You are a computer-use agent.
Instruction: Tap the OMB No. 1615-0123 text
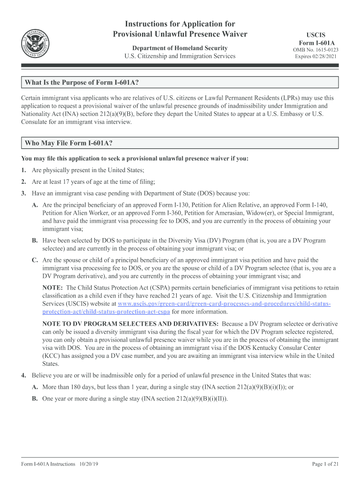coord(316,50)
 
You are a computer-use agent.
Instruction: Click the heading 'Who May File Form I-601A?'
coord(68,143)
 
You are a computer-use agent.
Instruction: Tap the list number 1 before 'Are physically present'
coord(23,170)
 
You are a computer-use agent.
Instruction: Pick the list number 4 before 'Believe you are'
coord(23,375)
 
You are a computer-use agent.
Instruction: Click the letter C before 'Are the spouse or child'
coord(35,260)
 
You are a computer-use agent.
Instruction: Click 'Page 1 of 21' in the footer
coord(325,464)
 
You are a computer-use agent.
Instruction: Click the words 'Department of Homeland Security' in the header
coord(180,48)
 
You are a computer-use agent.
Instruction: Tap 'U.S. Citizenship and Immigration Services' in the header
coord(180,57)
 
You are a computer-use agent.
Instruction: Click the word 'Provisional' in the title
coord(134,34)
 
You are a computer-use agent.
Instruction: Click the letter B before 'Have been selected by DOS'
coord(35,240)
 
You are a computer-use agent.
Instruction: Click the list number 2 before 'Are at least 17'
coord(23,181)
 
